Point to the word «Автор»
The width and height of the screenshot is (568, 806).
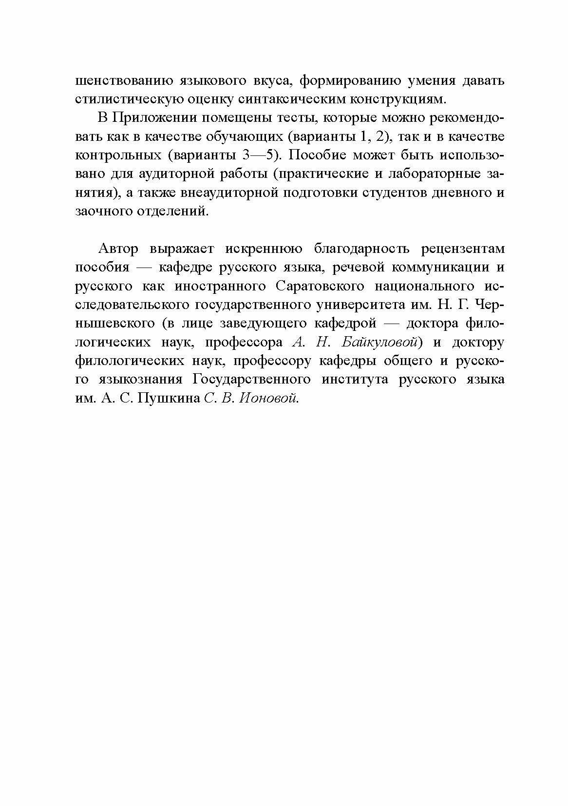(x=118, y=249)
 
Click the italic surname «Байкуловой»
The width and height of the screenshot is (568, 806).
(x=380, y=342)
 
